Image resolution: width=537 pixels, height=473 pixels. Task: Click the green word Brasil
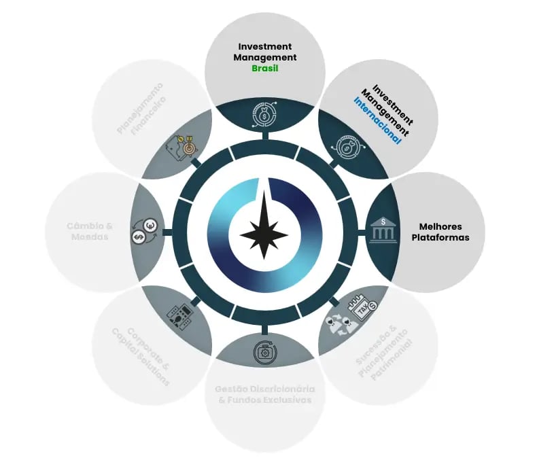pyautogui.click(x=265, y=69)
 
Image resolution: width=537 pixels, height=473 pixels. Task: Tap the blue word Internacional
pyautogui.click(x=377, y=120)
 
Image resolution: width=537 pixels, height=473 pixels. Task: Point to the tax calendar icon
pyautogui.click(x=357, y=310)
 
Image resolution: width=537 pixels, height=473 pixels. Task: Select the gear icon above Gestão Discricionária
pyautogui.click(x=264, y=351)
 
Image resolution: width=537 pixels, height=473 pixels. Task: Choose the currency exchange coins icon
pyautogui.click(x=145, y=231)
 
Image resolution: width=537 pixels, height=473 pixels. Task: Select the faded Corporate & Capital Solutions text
pyautogui.click(x=141, y=355)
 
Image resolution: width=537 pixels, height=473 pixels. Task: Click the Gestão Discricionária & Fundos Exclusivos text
pyautogui.click(x=264, y=394)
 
